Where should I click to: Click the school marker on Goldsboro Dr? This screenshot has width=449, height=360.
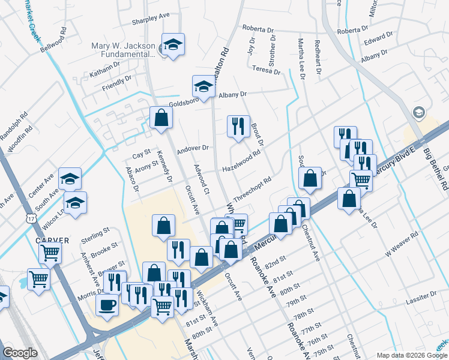pos(203,86)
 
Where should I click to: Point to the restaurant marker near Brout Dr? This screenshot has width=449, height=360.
pos(238,126)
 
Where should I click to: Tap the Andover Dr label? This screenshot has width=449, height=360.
pos(193,148)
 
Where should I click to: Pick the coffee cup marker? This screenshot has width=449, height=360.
pos(107,305)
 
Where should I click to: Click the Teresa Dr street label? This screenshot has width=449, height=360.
pos(267,70)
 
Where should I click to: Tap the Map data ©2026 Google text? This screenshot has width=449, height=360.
pos(411,355)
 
